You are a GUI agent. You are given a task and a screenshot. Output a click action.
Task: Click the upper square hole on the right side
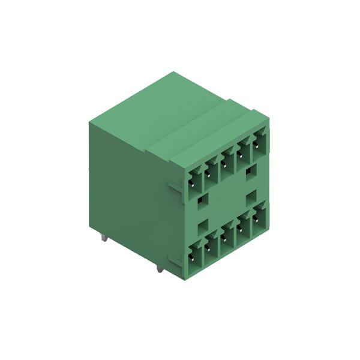coord(251,172)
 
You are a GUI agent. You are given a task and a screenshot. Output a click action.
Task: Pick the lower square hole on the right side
coord(251,197)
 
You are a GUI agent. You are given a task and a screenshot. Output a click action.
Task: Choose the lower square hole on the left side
coord(203,225)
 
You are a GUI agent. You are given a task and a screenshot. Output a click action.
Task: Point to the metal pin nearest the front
coord(159,268)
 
